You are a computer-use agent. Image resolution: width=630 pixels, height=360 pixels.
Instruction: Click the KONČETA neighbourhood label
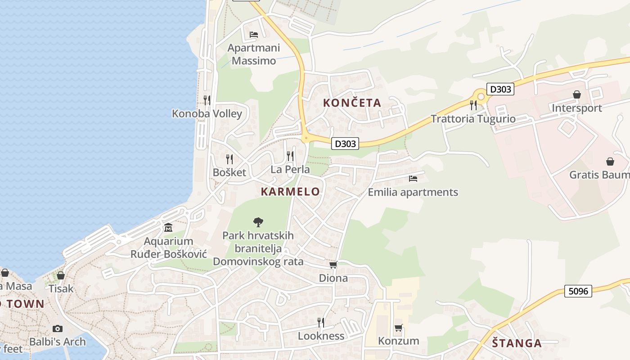coord(352,103)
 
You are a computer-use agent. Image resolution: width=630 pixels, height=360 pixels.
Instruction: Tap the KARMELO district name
coord(290,192)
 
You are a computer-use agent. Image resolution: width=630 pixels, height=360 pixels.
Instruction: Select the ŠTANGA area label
coord(517,343)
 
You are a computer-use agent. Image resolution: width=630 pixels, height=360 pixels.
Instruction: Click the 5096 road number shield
coord(578,291)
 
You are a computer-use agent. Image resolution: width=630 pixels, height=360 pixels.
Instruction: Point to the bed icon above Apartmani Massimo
coord(254,35)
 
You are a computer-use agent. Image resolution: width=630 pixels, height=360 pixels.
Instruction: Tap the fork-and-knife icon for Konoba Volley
coord(207,100)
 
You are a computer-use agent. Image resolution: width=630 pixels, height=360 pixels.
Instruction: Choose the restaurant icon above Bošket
coord(229,159)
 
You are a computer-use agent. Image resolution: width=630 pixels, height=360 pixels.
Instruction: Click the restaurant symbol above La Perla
coord(290,156)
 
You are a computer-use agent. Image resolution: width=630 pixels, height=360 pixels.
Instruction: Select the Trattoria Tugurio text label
coord(473,119)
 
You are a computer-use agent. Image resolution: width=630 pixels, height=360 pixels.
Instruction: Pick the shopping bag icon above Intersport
coord(576,94)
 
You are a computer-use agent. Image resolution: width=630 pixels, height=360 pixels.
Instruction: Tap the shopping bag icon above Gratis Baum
coord(610,161)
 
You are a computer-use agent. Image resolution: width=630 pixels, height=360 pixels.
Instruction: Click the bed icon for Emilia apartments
coord(413,179)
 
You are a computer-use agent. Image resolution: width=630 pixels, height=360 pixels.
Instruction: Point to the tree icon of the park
coord(258,221)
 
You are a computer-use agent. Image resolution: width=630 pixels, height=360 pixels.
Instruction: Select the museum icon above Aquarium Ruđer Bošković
coord(168,228)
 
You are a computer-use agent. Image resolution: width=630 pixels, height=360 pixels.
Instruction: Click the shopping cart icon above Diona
coord(333,265)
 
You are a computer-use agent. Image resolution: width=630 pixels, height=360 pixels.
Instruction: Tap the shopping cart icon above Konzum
coord(398,328)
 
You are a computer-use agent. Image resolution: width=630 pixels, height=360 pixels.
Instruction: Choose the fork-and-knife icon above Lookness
coord(321,322)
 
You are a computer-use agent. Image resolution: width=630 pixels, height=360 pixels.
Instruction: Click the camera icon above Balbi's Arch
coord(57,328)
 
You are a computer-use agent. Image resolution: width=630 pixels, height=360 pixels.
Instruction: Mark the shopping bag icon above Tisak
coord(60,275)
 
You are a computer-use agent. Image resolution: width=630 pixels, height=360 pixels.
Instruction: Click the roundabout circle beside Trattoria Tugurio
coord(481,96)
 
